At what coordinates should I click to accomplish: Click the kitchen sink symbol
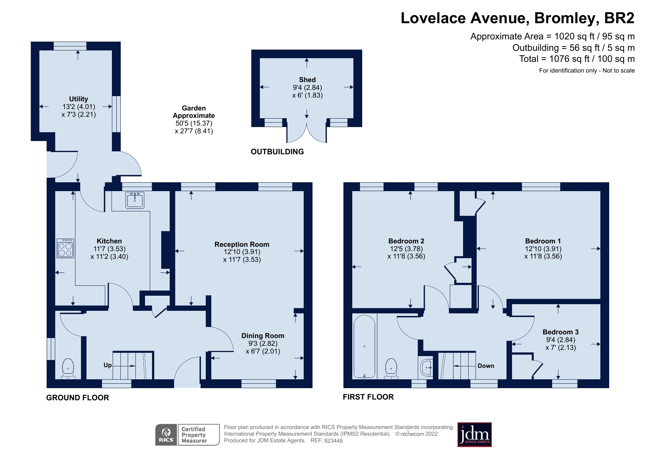click(135, 200)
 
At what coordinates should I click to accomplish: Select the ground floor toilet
click(68, 369)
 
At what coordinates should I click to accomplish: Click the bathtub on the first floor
click(364, 347)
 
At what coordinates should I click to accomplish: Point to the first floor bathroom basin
click(427, 367)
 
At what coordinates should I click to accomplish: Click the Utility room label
click(78, 99)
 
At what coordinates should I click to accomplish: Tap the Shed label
click(307, 80)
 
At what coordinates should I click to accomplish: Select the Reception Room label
click(242, 244)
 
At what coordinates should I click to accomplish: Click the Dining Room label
click(262, 335)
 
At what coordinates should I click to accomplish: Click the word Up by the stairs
click(107, 365)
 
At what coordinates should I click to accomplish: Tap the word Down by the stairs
click(486, 366)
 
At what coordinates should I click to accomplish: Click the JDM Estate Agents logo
click(474, 435)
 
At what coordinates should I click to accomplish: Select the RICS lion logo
click(166, 435)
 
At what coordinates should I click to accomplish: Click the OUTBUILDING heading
click(277, 152)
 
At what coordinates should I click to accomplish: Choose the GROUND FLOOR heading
click(78, 398)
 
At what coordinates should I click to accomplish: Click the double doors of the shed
click(307, 133)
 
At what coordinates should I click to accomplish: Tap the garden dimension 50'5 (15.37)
click(194, 123)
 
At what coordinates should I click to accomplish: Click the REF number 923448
click(333, 441)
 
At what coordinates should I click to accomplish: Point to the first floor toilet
click(391, 369)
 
